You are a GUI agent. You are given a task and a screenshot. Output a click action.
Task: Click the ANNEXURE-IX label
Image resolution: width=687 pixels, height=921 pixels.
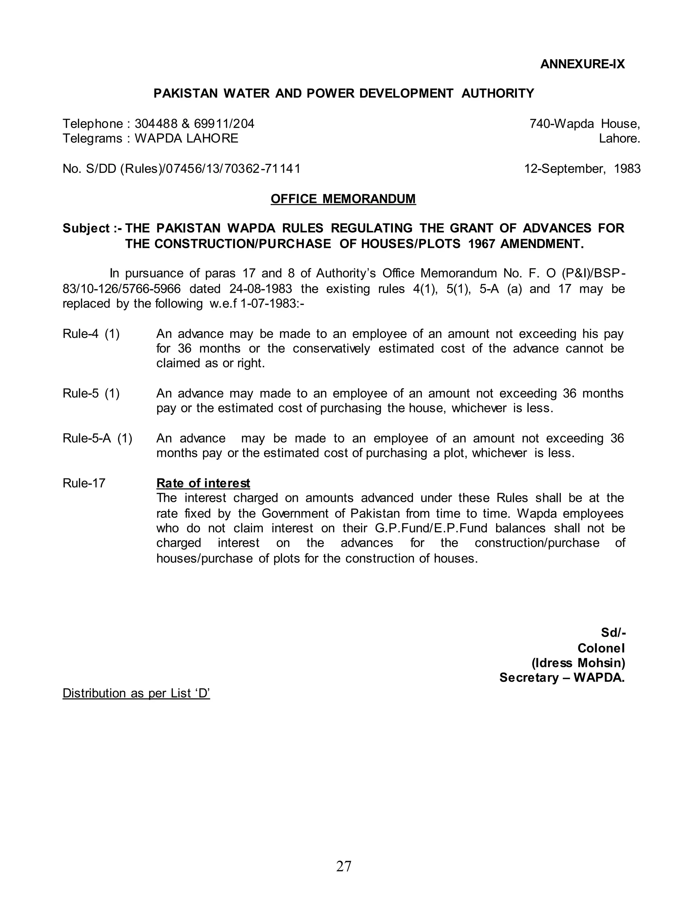[x=582, y=64]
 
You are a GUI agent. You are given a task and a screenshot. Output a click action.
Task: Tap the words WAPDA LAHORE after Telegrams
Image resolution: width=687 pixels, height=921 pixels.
[x=186, y=139]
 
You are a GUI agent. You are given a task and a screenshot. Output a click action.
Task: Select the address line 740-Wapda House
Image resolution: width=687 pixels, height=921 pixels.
[x=584, y=123]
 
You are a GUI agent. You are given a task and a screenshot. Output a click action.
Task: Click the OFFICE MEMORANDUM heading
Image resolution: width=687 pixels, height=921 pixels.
[x=343, y=199]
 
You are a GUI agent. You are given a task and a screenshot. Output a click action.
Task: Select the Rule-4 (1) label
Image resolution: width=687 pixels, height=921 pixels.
[x=91, y=334]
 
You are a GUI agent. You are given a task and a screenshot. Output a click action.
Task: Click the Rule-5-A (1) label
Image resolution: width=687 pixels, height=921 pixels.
[x=97, y=438]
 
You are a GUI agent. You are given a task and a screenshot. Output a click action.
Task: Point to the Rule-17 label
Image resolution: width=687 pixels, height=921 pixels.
[x=84, y=483]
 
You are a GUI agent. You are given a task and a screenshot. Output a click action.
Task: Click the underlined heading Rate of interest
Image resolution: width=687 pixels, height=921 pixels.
[x=203, y=483]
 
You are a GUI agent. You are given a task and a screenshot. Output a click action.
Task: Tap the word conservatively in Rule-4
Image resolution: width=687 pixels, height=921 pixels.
[x=331, y=348]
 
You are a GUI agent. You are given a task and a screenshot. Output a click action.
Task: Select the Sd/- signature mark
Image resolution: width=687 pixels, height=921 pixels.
[x=613, y=633]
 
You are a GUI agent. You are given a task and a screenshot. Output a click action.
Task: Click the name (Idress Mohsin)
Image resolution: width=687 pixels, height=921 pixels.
[x=578, y=663]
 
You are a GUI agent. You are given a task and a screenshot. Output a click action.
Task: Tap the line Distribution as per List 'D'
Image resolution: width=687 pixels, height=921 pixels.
[x=136, y=693]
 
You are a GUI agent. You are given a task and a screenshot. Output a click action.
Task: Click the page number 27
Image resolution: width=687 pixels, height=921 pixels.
[x=343, y=866]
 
